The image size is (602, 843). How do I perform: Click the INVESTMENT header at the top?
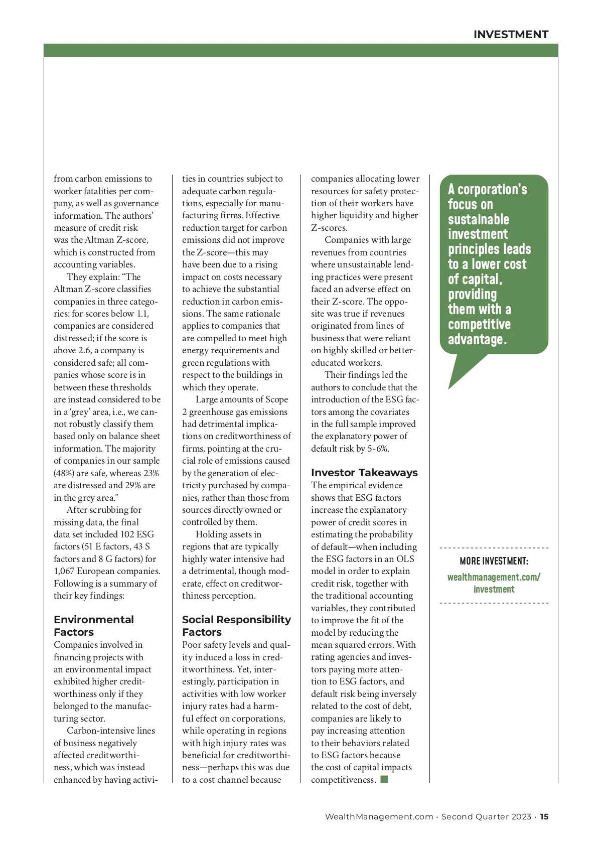click(x=511, y=35)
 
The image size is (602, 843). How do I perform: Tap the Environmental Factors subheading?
click(x=94, y=626)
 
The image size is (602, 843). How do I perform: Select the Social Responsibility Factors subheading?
click(x=236, y=626)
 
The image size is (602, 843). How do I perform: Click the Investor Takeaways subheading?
click(x=364, y=473)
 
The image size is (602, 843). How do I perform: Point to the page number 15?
click(x=544, y=816)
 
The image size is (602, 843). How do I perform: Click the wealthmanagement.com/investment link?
click(x=494, y=583)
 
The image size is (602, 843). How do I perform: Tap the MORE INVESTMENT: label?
click(x=494, y=561)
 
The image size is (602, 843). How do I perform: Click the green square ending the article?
click(x=384, y=779)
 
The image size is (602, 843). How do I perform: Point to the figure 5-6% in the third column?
click(x=378, y=449)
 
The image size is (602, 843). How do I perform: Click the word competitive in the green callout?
click(x=479, y=325)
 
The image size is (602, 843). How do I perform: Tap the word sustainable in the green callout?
click(x=478, y=220)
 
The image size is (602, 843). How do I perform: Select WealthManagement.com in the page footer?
click(x=379, y=816)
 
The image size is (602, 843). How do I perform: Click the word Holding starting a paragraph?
click(x=214, y=534)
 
